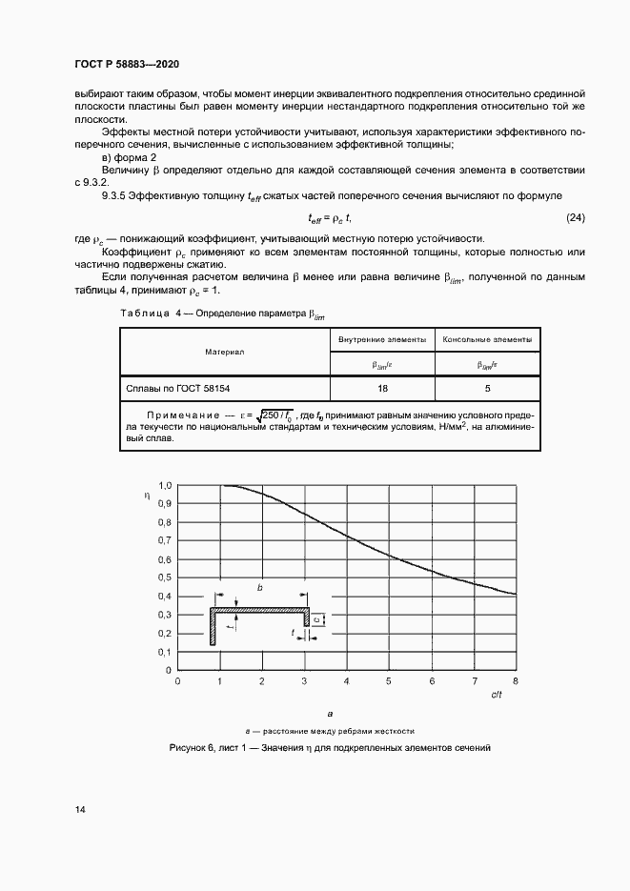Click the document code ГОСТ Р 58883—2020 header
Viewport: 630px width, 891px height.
point(126,64)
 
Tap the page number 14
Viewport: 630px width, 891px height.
point(81,810)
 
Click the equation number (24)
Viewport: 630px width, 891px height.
point(575,218)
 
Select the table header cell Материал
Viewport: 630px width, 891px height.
point(224,352)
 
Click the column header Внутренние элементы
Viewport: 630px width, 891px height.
point(381,339)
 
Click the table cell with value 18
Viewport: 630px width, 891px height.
point(381,389)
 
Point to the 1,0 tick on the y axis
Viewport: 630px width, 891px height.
point(164,485)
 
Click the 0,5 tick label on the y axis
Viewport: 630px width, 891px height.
point(164,577)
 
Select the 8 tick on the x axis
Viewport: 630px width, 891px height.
point(516,682)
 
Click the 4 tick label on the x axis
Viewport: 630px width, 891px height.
point(346,682)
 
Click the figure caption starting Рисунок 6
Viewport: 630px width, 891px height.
point(330,748)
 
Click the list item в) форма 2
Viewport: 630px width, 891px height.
point(130,156)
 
